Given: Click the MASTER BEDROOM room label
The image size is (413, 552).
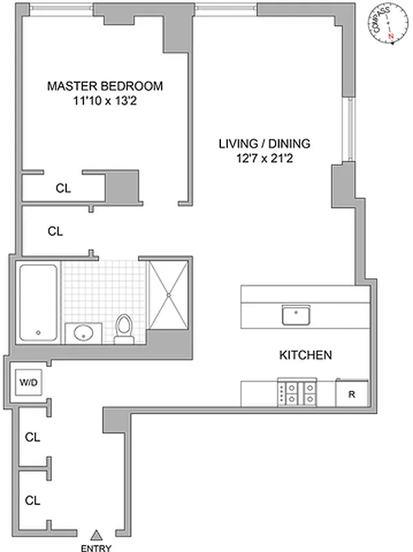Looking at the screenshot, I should [x=105, y=86].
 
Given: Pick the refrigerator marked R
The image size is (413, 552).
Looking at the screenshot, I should [x=352, y=394].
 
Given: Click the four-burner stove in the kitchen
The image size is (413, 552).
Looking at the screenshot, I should [x=297, y=393].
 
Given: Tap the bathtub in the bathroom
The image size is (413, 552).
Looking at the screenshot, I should [x=38, y=302].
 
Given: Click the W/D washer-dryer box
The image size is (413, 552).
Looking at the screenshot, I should [x=28, y=382].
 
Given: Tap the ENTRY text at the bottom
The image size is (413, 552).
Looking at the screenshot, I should [x=97, y=548].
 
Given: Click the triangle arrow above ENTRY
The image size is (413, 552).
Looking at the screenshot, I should [x=97, y=533].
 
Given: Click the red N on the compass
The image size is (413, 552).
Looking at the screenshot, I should [x=390, y=35].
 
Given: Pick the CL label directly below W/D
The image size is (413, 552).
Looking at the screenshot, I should [x=32, y=437].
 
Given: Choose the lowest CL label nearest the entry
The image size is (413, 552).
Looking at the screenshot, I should [x=32, y=499].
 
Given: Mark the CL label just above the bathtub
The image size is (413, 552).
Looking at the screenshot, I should [x=55, y=232].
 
